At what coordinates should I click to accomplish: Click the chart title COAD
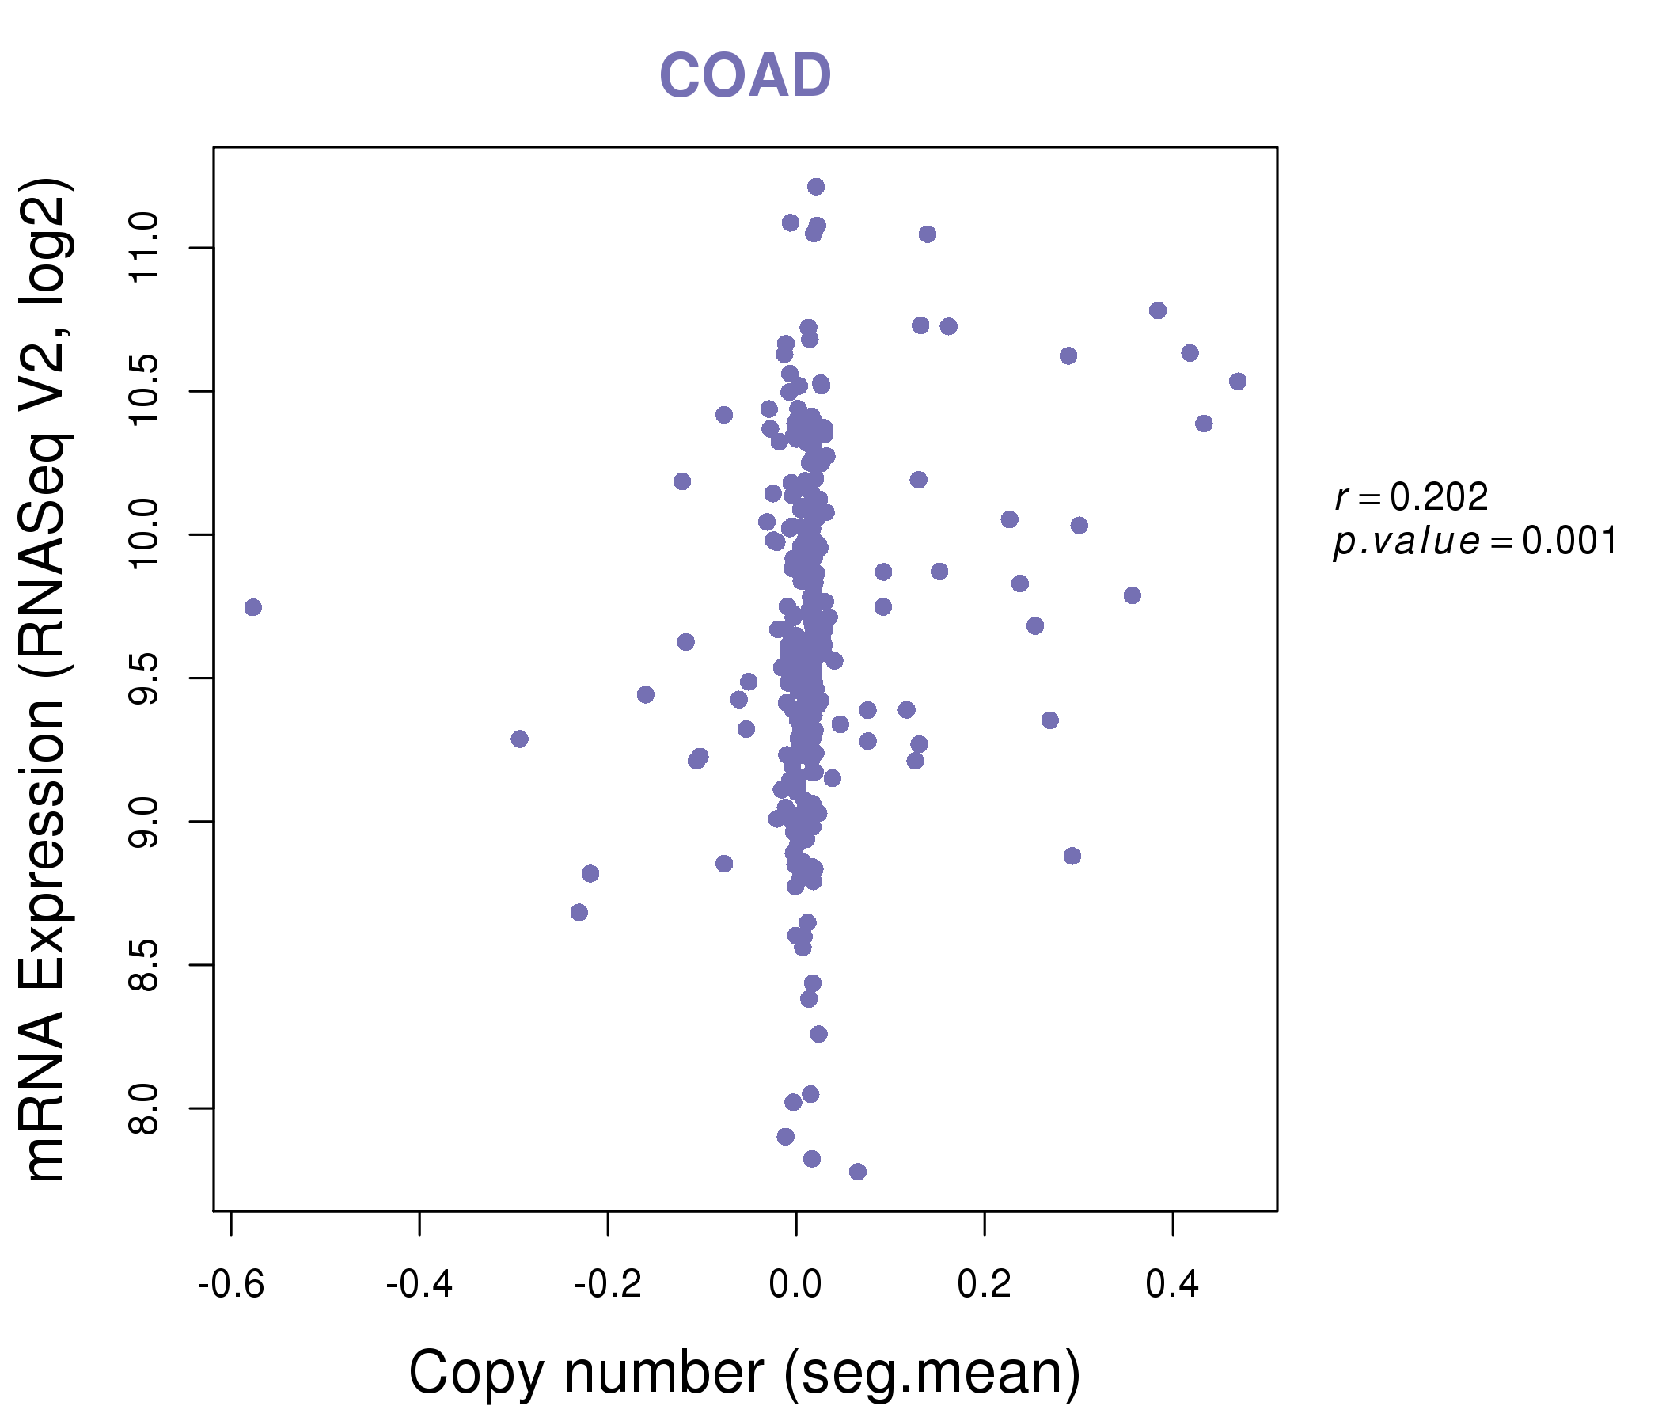click(745, 76)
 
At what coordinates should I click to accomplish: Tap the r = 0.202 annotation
click(1411, 497)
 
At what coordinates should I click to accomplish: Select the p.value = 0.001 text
click(1474, 541)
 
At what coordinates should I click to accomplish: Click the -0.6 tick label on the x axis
click(231, 1285)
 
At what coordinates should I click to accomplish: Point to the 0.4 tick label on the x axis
click(1172, 1285)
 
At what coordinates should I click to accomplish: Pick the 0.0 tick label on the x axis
click(795, 1285)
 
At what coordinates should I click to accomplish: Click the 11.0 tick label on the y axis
click(144, 248)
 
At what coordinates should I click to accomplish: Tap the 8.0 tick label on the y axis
click(144, 1108)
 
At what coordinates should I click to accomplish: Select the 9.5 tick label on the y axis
click(144, 678)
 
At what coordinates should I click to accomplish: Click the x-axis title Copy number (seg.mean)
click(745, 1373)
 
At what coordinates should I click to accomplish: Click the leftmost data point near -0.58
click(252, 607)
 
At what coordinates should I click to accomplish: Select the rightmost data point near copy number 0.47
click(1238, 381)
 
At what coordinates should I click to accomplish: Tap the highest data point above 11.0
click(816, 187)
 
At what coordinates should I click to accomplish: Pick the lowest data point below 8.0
click(857, 1172)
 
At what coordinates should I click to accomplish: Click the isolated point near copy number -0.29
click(520, 739)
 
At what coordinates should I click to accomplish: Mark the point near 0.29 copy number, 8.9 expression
click(1072, 856)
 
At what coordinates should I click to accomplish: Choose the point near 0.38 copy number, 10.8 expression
click(1157, 310)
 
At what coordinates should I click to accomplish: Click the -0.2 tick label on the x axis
click(607, 1285)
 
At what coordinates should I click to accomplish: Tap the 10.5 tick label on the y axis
click(144, 392)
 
